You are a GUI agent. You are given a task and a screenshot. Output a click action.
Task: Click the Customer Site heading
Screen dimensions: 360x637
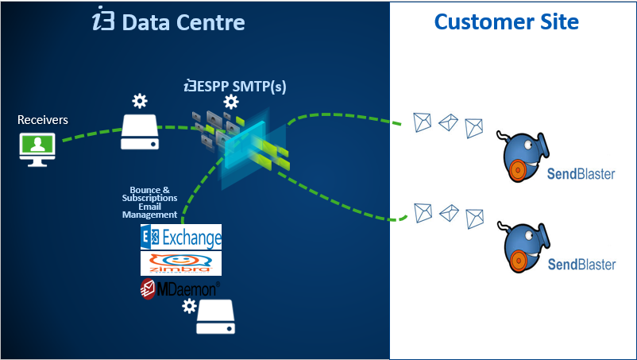pyautogui.click(x=506, y=21)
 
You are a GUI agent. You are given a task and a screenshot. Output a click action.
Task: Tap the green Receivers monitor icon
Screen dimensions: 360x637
pyautogui.click(x=37, y=145)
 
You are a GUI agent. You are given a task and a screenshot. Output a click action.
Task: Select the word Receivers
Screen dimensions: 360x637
pyautogui.click(x=43, y=120)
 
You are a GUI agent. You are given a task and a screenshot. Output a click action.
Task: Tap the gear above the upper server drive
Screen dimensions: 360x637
pyautogui.click(x=140, y=101)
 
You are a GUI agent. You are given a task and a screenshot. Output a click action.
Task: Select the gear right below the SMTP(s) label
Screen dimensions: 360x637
pyautogui.click(x=231, y=102)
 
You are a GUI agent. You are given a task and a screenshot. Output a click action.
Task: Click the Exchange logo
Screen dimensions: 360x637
pyautogui.click(x=180, y=237)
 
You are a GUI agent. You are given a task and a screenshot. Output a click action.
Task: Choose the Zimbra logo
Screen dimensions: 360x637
pyautogui.click(x=180, y=263)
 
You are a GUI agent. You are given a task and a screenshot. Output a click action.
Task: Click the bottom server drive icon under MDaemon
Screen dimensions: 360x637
pyautogui.click(x=216, y=317)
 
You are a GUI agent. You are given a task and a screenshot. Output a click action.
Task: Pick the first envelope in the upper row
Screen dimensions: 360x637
pyautogui.click(x=423, y=122)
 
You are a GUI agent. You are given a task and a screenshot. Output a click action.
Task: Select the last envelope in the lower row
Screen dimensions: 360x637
pyautogui.click(x=474, y=216)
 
